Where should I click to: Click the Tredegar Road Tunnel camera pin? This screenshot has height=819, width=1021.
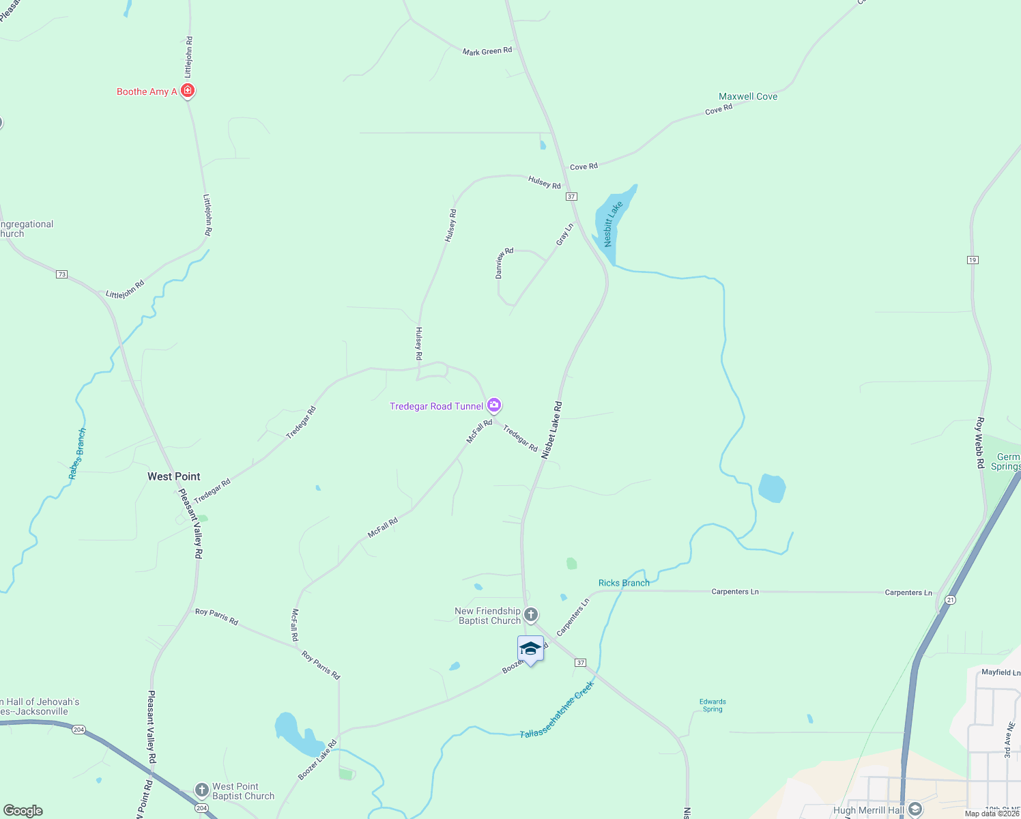click(494, 405)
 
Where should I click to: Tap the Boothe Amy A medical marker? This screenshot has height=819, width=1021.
click(188, 90)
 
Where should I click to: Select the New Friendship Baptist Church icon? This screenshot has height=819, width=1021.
click(531, 616)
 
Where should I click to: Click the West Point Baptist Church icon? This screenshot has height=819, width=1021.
click(201, 790)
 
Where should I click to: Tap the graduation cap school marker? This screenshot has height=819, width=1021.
click(530, 648)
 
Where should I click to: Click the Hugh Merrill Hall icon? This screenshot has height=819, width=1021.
click(915, 809)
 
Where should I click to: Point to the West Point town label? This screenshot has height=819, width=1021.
click(174, 476)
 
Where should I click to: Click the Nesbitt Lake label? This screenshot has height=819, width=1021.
click(613, 224)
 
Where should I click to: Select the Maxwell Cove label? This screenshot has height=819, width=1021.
click(748, 96)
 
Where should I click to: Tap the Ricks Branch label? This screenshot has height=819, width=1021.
click(624, 583)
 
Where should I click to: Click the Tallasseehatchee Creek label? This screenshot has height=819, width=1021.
click(557, 710)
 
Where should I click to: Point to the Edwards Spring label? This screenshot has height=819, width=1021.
click(713, 705)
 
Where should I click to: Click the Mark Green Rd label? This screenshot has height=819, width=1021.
click(487, 51)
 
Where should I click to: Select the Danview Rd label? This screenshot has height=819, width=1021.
click(504, 263)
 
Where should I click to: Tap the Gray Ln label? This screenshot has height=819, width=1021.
click(564, 234)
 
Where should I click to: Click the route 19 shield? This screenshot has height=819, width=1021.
click(973, 260)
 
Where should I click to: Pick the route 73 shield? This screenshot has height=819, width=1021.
click(62, 274)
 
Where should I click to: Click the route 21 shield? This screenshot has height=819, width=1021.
click(951, 600)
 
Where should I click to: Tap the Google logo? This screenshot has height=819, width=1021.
click(23, 811)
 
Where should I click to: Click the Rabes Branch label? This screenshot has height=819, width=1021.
click(78, 454)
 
